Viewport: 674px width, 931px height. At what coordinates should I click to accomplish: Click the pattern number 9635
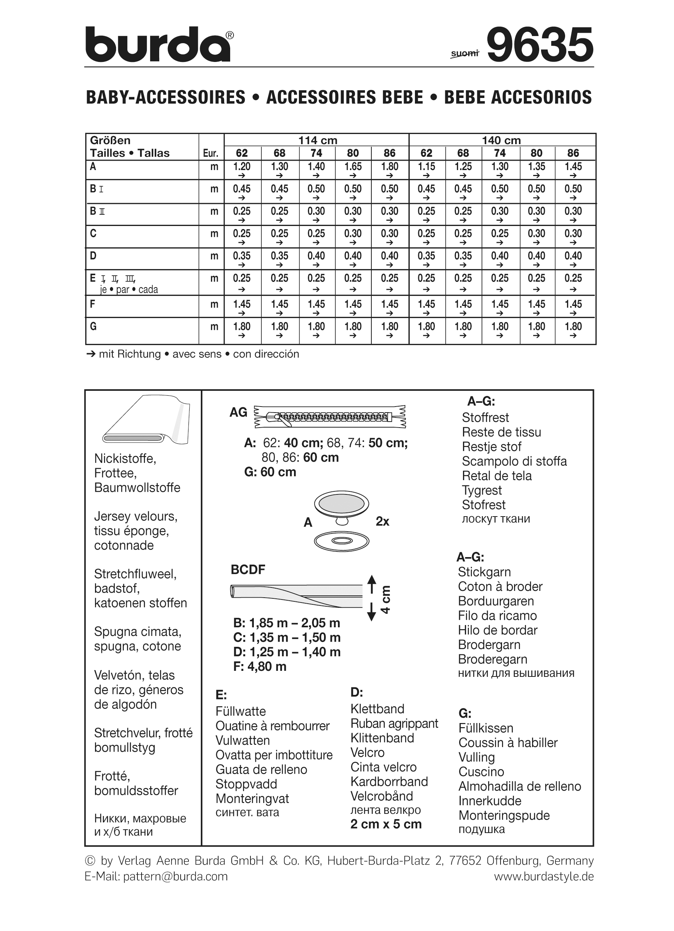540,45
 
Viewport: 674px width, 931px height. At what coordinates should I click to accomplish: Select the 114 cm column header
317,140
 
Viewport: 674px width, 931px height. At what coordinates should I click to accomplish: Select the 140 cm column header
501,140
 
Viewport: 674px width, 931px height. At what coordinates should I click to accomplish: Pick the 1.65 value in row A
353,167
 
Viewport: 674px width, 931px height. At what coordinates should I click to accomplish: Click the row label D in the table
93,256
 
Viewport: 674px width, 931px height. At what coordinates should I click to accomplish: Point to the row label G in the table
93,327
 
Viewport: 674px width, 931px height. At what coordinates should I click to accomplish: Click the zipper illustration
330,417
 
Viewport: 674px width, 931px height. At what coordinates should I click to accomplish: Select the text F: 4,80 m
260,666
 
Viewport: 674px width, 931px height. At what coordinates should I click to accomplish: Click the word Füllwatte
241,711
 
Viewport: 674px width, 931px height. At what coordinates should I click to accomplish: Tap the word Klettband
377,709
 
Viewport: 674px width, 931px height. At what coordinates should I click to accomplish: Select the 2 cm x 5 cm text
386,824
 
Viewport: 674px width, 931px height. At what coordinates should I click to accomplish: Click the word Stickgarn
484,572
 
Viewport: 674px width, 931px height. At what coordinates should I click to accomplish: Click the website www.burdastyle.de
543,877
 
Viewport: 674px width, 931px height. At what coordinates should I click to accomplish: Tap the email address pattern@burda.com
175,877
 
